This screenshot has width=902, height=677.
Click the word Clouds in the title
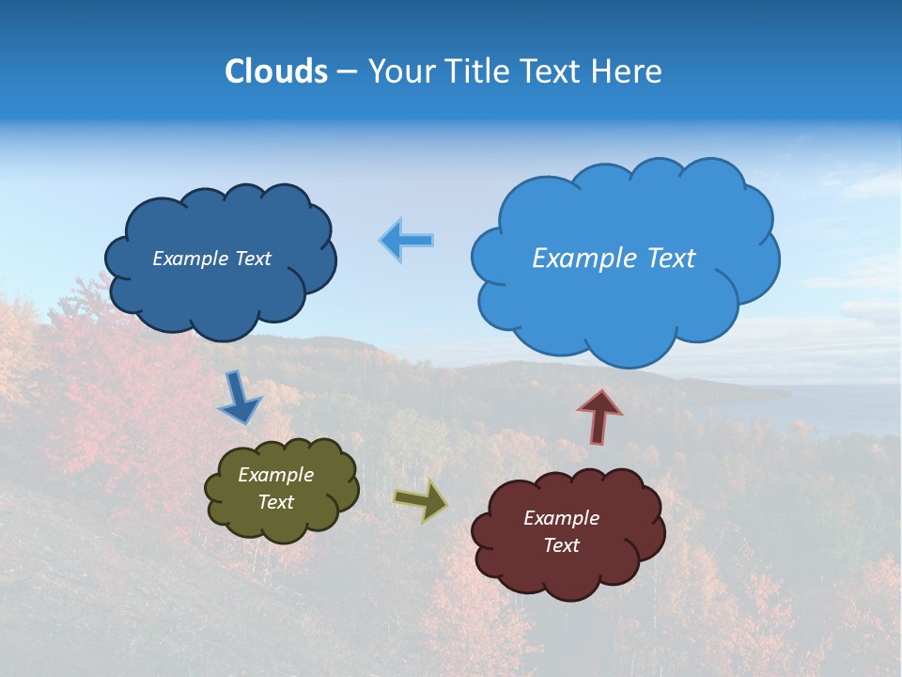pyautogui.click(x=276, y=71)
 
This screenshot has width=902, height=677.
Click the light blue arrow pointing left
pyautogui.click(x=407, y=241)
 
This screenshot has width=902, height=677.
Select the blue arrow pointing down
pyautogui.click(x=240, y=400)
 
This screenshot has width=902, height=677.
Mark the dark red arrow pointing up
pyautogui.click(x=599, y=415)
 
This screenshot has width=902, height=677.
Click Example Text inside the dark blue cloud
pyautogui.click(x=211, y=259)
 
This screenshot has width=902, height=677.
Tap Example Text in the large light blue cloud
pyautogui.click(x=614, y=259)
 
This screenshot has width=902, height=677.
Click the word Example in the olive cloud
pyautogui.click(x=275, y=475)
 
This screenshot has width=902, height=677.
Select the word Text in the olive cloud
pyautogui.click(x=275, y=502)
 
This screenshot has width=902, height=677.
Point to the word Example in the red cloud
pyautogui.click(x=561, y=518)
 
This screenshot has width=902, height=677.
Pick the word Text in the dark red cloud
pyautogui.click(x=561, y=545)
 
